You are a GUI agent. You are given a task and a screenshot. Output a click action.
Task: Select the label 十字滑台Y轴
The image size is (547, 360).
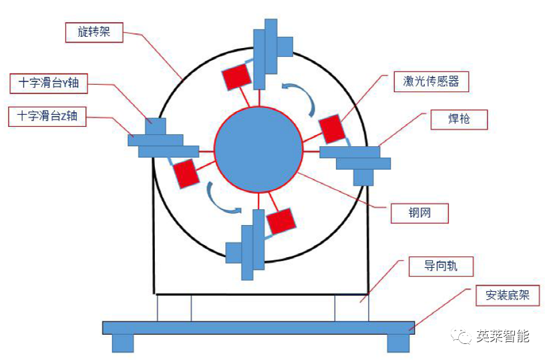(49, 83)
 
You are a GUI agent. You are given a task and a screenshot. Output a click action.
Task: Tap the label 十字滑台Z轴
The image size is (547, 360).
(48, 116)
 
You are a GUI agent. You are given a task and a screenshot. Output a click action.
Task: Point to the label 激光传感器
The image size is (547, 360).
(431, 81)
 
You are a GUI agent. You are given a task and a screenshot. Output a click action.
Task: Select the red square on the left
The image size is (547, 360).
(186, 174)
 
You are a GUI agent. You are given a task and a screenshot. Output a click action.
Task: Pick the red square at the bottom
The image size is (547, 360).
(281, 221)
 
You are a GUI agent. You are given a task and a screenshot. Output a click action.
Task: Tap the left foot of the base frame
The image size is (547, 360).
(122, 343)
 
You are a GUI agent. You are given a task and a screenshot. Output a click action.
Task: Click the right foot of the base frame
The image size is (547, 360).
(398, 343)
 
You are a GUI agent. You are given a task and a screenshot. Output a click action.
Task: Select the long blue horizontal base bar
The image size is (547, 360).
(258, 327)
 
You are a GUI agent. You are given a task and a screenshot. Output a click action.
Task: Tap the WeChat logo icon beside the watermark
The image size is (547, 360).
(463, 336)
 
